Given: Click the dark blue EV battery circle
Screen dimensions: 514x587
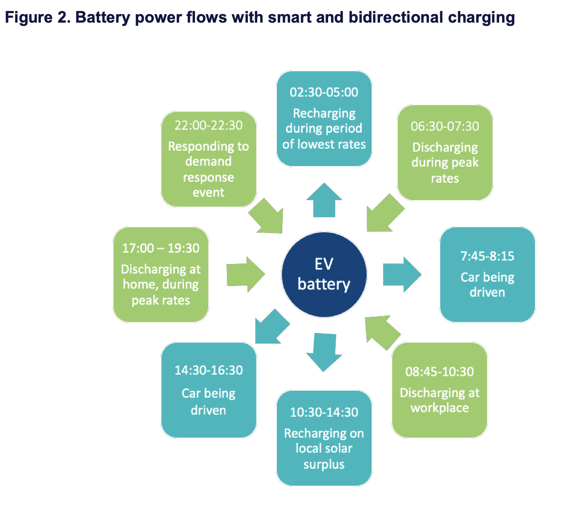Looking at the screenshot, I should (324, 274).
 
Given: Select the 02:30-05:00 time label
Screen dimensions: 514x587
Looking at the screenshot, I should (324, 92).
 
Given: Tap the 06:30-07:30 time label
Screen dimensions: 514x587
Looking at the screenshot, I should (445, 126).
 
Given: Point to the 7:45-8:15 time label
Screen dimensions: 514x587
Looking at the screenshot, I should (487, 256).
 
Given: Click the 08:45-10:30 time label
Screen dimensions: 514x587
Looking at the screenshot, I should (439, 371).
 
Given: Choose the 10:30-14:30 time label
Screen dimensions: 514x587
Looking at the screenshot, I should (324, 412).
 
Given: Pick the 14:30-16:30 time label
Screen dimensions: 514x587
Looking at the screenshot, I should (209, 370).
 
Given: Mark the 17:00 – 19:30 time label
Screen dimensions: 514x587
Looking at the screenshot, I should (160, 248).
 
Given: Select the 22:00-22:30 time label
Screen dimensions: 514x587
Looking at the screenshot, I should (209, 125).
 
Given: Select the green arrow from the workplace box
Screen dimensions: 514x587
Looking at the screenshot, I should (383, 333).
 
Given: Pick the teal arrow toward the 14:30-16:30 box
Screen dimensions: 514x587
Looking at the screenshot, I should (271, 327).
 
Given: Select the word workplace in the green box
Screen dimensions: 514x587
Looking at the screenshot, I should (439, 408).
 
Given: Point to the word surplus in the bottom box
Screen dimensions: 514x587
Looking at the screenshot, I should (324, 464).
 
